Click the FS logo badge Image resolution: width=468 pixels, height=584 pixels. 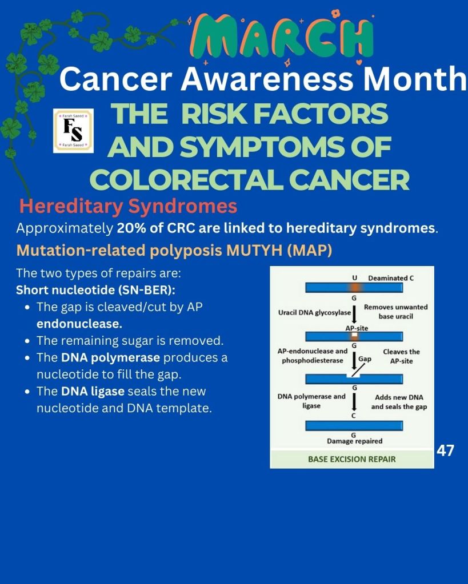click(74, 131)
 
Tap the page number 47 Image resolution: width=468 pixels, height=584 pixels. click(445, 450)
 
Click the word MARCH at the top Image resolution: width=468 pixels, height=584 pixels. click(282, 37)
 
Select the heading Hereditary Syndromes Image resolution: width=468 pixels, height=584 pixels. click(128, 206)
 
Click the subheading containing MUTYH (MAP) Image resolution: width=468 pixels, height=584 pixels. click(174, 251)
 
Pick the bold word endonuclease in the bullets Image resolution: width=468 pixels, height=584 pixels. click(79, 324)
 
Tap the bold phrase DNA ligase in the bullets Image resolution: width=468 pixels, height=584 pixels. click(93, 392)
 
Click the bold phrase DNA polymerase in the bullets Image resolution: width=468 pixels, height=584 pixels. click(111, 357)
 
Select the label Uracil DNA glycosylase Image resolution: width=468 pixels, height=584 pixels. click(314, 312)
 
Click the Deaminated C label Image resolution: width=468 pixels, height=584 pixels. click(391, 278)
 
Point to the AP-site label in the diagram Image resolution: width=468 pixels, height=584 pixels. click(357, 328)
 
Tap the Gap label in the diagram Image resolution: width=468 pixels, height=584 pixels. click(365, 359)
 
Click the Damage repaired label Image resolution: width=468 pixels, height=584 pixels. click(355, 441)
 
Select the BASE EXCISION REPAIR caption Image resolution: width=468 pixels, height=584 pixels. click(351, 459)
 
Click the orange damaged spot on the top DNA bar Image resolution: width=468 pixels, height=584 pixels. click(354, 288)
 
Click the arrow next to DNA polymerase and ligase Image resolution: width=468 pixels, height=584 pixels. click(354, 401)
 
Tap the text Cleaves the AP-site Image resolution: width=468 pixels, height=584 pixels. click(401, 356)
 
